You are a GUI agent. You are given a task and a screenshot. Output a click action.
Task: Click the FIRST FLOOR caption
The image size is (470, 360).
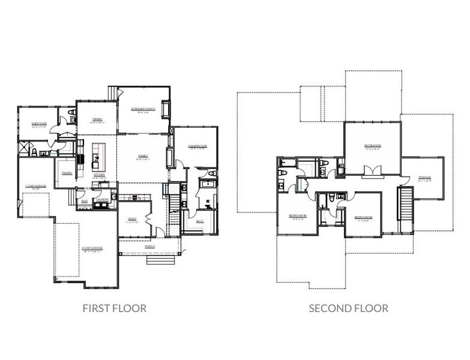[x=114, y=308]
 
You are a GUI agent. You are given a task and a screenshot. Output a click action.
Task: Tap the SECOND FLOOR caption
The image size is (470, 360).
[x=348, y=308]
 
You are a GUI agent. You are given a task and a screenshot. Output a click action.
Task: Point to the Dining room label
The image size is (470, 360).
[x=97, y=119]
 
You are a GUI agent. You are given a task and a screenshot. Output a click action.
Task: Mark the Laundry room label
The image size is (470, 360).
[x=101, y=199]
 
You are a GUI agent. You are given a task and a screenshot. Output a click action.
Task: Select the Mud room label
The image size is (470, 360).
[x=85, y=201]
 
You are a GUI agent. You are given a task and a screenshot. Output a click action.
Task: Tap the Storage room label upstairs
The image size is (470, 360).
[x=424, y=178]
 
